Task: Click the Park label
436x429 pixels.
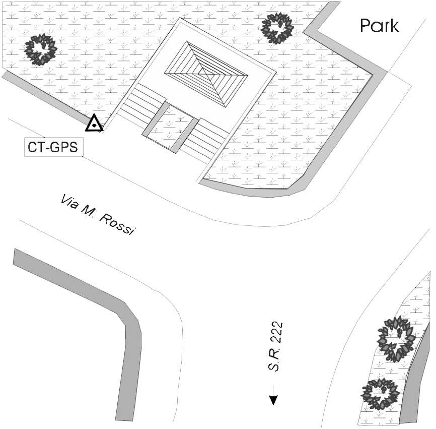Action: [x=380, y=26]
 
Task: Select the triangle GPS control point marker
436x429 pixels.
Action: [x=94, y=124]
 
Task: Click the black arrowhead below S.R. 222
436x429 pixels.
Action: [x=273, y=400]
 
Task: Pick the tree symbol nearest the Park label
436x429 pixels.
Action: [x=276, y=28]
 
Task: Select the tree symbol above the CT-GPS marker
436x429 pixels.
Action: [x=41, y=49]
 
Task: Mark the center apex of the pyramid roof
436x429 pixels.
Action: [x=206, y=74]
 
